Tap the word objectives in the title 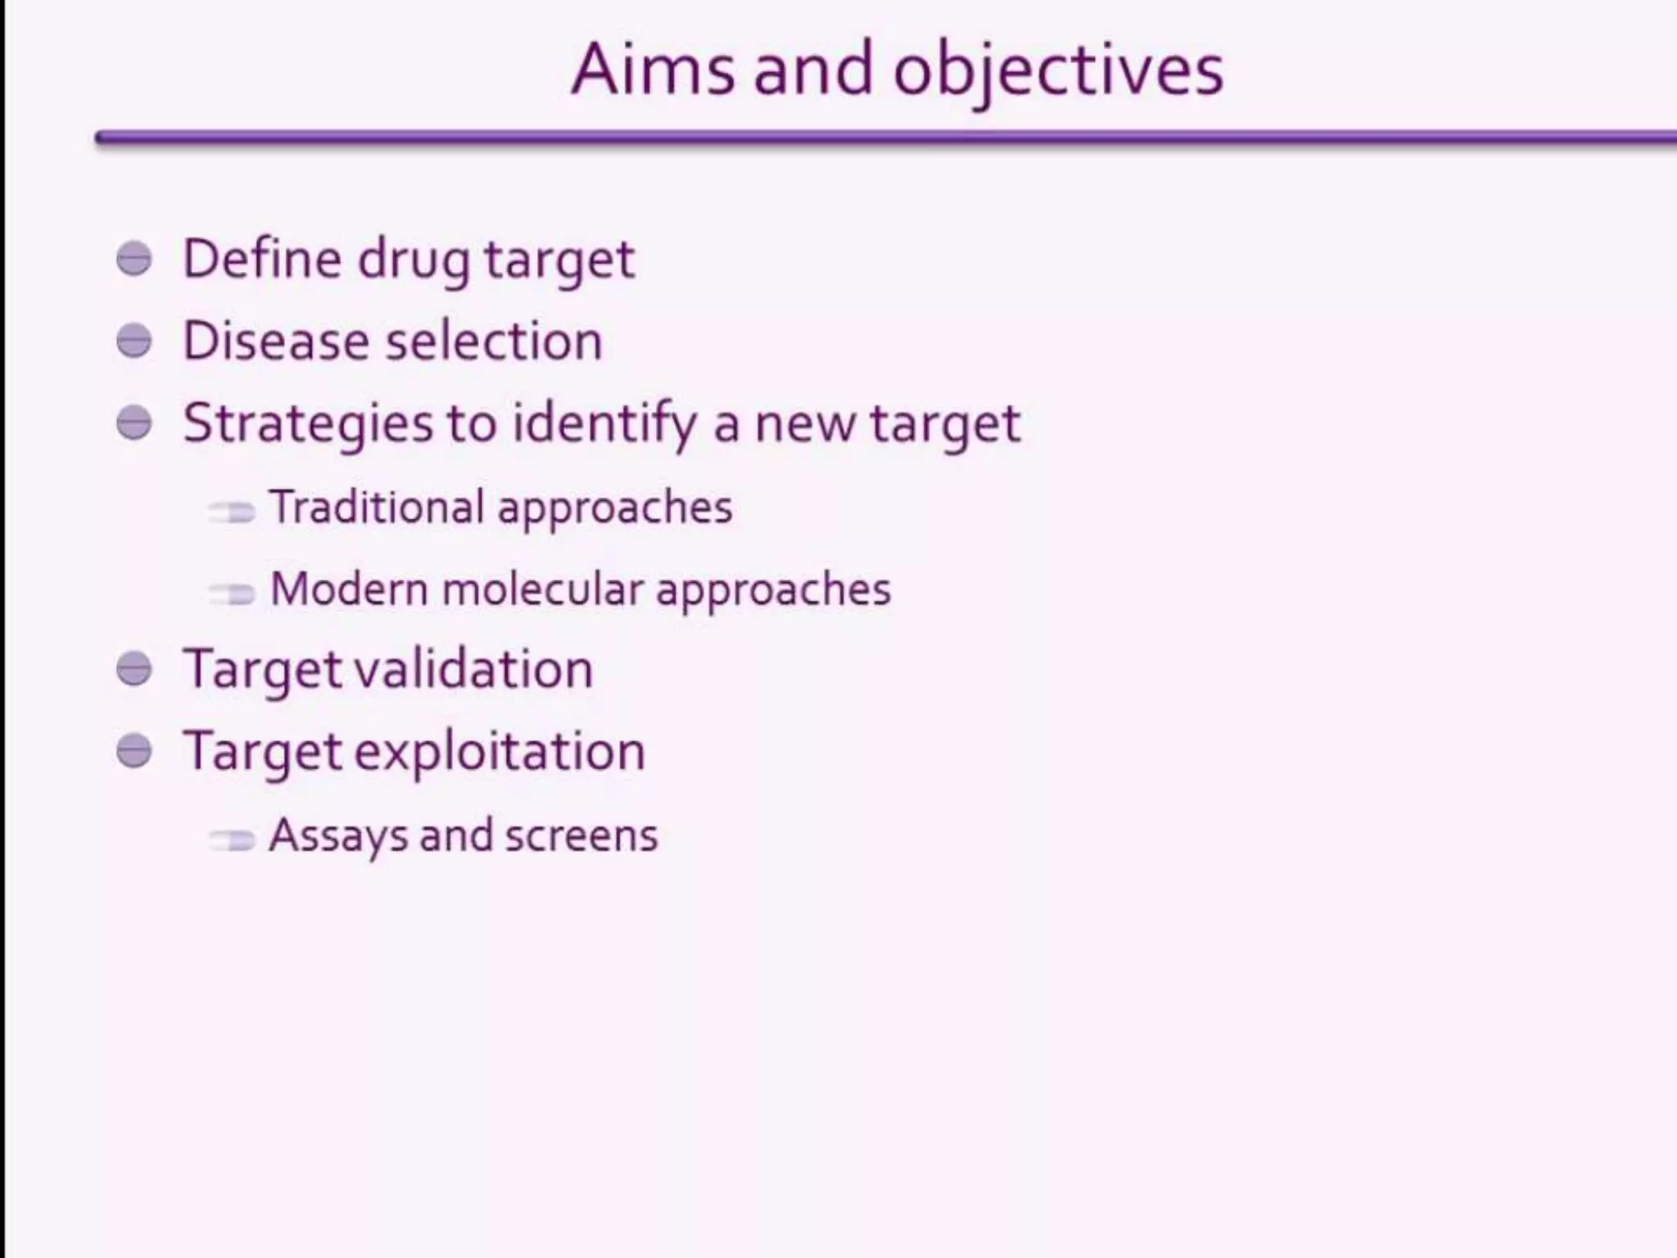(1058, 72)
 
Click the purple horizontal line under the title (884, 138)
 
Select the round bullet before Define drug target (134, 259)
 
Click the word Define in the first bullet (261, 259)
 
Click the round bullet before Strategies (134, 423)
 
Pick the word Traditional (377, 507)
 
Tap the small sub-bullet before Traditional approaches (232, 512)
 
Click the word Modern (349, 589)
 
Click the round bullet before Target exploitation (134, 751)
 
